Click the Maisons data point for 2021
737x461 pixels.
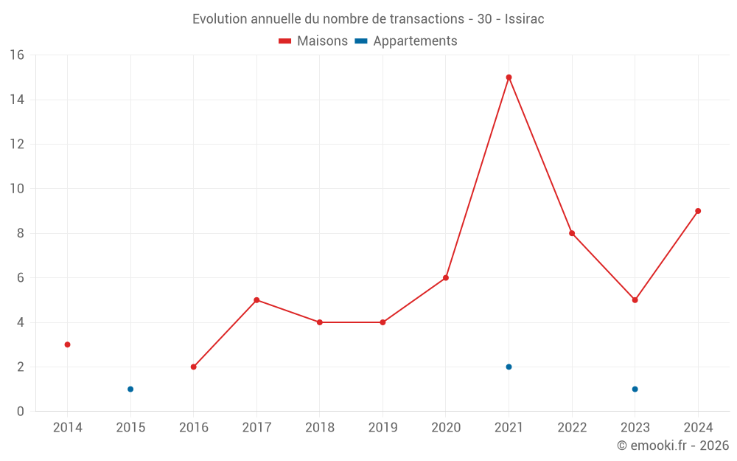coord(509,77)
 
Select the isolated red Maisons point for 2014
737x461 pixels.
coord(67,344)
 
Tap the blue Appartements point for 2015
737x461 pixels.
coord(130,389)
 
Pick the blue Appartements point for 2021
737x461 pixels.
coord(509,367)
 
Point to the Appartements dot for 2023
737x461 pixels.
coord(635,389)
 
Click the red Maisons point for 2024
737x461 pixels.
coord(698,211)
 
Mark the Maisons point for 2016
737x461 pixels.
coord(193,367)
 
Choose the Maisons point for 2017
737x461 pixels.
coord(256,300)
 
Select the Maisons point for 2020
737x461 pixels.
coord(446,278)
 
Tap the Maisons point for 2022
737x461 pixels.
coord(572,233)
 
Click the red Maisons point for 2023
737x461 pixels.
coord(635,300)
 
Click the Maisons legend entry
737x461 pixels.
coord(313,41)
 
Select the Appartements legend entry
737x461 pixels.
coord(406,41)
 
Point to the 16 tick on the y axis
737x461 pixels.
coord(17,55)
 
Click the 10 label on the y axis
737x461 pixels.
coord(17,189)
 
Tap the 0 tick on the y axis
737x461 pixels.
coord(21,412)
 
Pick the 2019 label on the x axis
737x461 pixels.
coord(383,428)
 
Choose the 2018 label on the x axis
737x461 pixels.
coord(320,428)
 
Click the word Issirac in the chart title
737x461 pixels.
coord(524,19)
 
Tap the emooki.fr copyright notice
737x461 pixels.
coord(673,446)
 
